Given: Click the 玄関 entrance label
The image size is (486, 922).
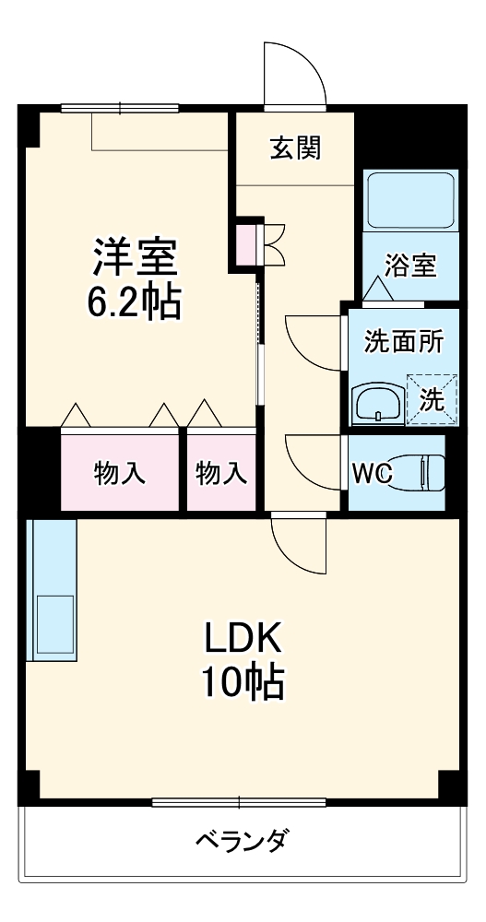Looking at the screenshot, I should point(295,148).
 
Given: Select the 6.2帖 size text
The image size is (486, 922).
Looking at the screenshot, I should point(133,302).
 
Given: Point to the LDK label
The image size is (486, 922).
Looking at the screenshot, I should point(242,636).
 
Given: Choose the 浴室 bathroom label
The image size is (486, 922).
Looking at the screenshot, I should point(410,266).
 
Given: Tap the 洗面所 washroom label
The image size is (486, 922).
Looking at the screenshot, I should point(404,341).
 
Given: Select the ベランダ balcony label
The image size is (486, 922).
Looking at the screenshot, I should point(242,841).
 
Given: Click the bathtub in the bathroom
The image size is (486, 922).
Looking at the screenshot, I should point(410,202).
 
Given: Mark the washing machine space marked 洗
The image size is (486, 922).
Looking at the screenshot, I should point(432,399).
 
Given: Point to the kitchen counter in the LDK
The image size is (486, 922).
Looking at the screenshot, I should point(52,590).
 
